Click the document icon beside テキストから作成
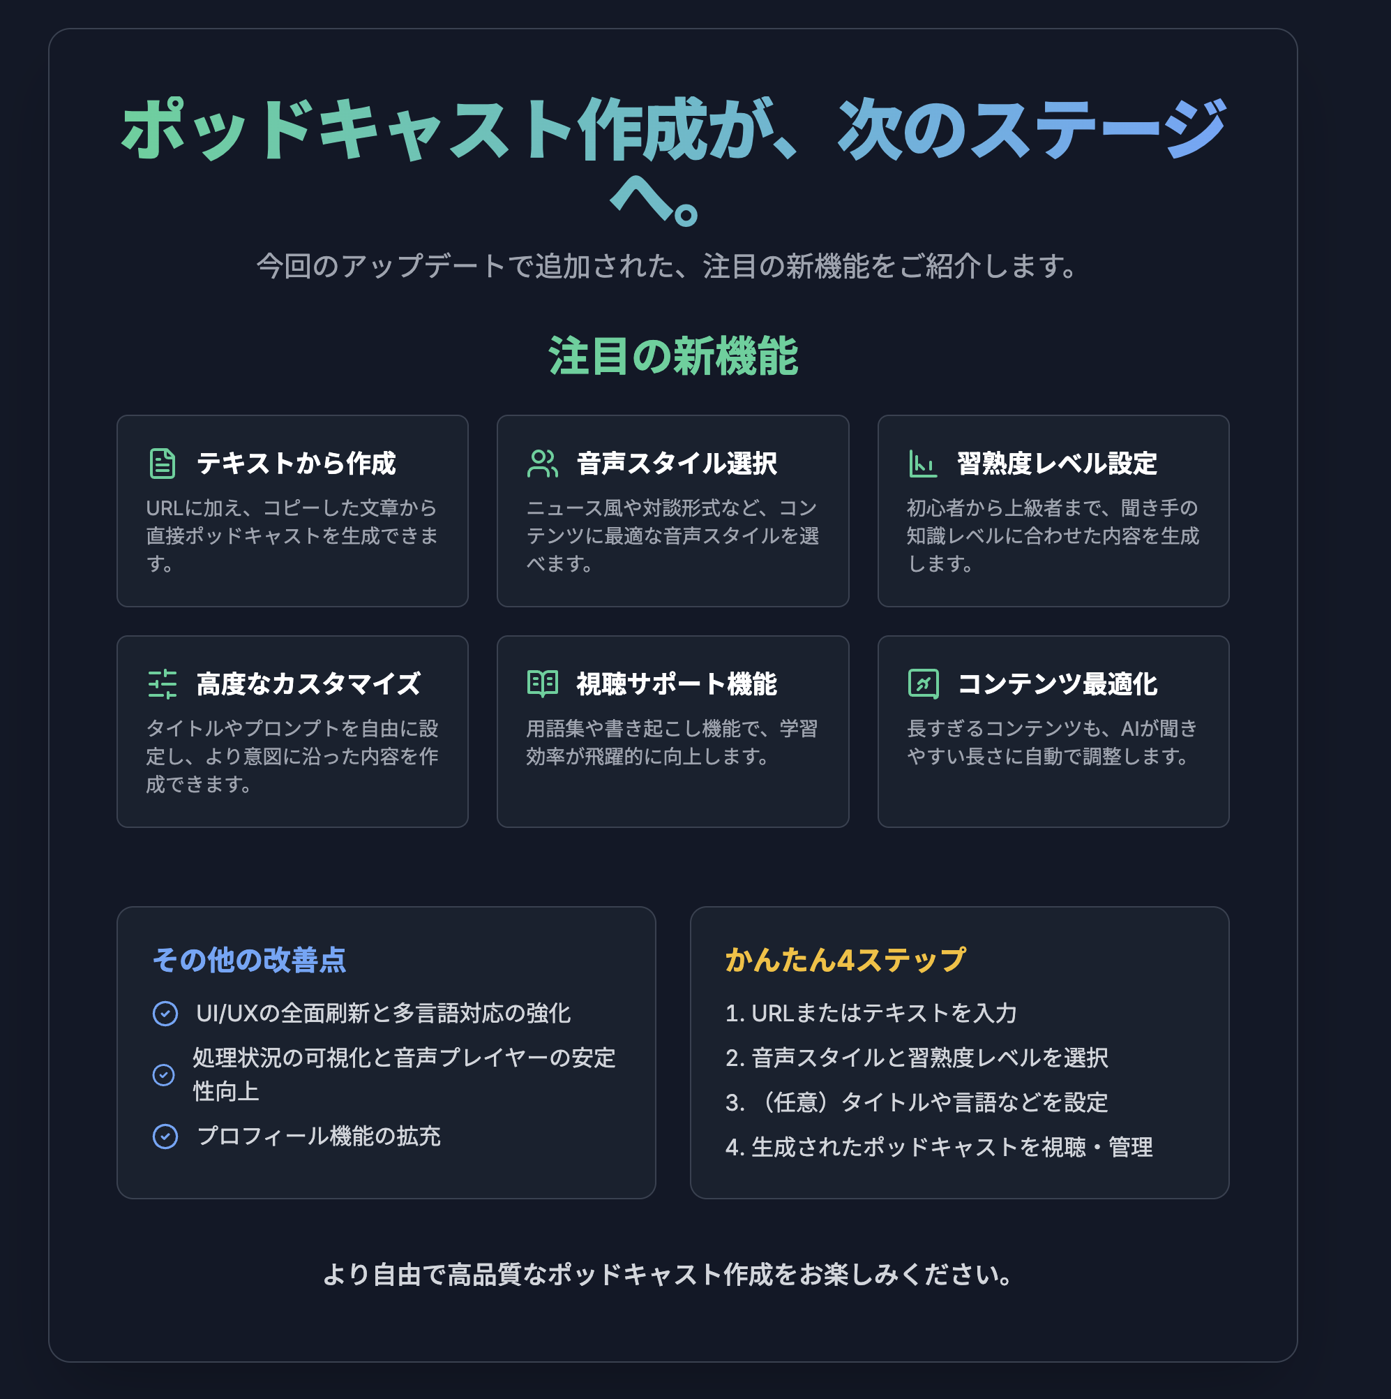coord(162,464)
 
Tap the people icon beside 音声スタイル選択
coord(543,464)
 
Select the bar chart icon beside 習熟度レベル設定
coord(923,464)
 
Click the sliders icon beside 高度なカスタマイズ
coord(162,684)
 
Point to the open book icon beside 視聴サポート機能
coord(543,684)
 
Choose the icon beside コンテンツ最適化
coord(923,684)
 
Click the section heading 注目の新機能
coord(673,356)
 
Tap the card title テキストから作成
coord(296,464)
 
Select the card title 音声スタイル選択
coord(677,464)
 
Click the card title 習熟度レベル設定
coord(1058,464)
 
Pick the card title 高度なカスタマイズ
coord(308,684)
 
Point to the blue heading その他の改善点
coord(250,960)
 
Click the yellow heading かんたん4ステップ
coord(845,960)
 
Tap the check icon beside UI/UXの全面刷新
coord(165,1014)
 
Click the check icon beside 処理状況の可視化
coord(163,1075)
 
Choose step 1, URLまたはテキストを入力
coord(871,1014)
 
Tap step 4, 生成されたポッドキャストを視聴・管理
coord(940,1148)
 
